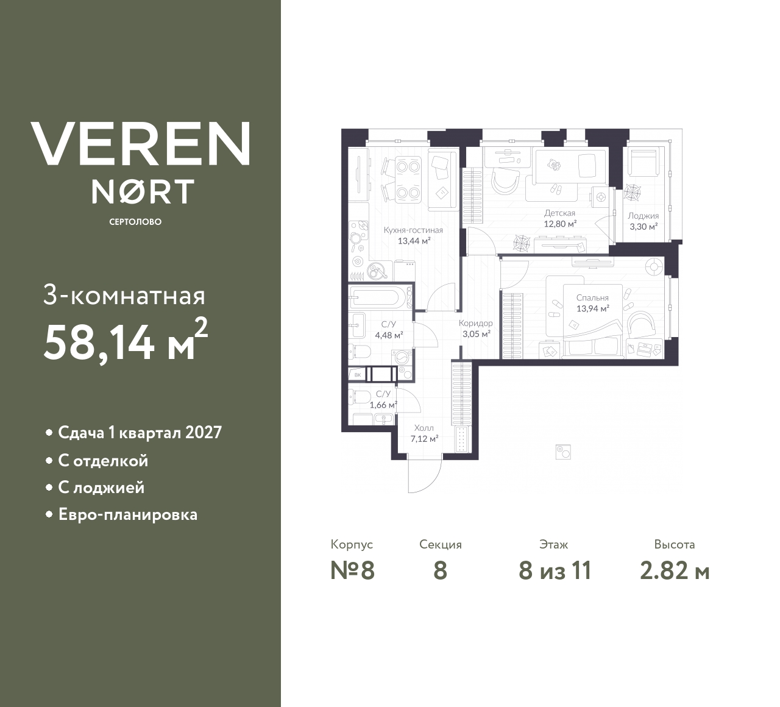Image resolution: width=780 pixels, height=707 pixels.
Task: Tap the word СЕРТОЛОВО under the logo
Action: pyautogui.click(x=135, y=222)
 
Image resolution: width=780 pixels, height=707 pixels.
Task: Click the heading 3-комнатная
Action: pyautogui.click(x=124, y=296)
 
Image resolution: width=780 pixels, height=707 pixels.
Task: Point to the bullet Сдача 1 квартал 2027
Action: pyautogui.click(x=140, y=433)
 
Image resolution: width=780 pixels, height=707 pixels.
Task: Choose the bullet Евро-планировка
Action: pyautogui.click(x=127, y=514)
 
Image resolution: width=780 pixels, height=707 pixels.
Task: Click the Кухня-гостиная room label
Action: pyautogui.click(x=413, y=230)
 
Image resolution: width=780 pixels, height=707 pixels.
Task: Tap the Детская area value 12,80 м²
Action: pyautogui.click(x=560, y=223)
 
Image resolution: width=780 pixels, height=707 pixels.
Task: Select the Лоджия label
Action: pyautogui.click(x=643, y=216)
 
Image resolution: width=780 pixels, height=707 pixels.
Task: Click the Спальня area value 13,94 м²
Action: pyautogui.click(x=593, y=308)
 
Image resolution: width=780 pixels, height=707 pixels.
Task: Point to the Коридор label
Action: pyautogui.click(x=475, y=324)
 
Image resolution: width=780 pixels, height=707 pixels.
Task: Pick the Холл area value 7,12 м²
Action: pyautogui.click(x=424, y=438)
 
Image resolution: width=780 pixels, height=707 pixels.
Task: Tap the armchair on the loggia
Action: pyautogui.click(x=644, y=160)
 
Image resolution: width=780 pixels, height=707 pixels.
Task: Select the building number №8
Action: pyautogui.click(x=352, y=571)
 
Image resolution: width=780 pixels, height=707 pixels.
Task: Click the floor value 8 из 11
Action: pyautogui.click(x=555, y=571)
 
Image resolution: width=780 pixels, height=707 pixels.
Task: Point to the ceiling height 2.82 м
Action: pyautogui.click(x=675, y=571)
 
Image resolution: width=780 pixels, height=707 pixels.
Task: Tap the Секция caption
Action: pyautogui.click(x=440, y=544)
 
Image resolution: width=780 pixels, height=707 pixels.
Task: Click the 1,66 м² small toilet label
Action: pyautogui.click(x=383, y=404)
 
